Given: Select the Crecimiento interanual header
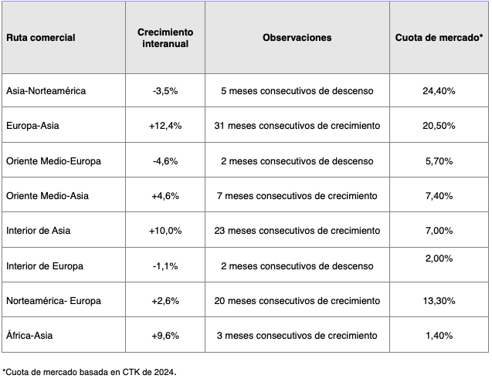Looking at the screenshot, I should point(165,37).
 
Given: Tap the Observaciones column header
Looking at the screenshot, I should point(297,37).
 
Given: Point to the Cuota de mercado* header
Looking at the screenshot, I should point(439,37).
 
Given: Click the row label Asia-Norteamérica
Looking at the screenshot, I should point(46,90).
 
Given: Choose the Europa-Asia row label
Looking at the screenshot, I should point(32,126).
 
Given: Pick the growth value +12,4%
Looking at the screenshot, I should point(165,126).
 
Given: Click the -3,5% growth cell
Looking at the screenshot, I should point(165,90).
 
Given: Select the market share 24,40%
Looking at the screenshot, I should point(439,90).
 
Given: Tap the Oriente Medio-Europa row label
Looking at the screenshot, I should point(53,161).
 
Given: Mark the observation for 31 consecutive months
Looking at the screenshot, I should point(297,126).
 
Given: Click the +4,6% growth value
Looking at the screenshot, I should point(165,196).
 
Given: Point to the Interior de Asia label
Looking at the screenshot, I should point(39,231).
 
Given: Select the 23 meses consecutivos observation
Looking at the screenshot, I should point(297,231).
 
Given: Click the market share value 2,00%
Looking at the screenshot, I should point(439,259).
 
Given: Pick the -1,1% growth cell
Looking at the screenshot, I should point(165,266).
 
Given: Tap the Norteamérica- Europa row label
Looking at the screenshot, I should point(53,301).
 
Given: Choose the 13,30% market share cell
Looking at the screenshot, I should point(439,301).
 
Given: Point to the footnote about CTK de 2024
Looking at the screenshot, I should point(90,372).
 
